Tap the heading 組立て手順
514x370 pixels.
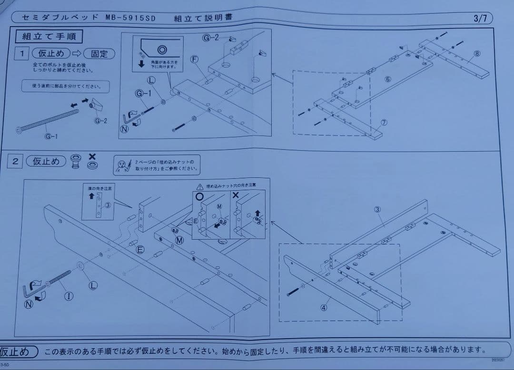click(49, 36)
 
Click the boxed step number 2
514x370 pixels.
click(15, 161)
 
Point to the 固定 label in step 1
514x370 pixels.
click(99, 54)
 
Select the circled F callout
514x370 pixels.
click(194, 59)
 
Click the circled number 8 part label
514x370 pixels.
click(477, 53)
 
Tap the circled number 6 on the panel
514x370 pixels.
click(388, 79)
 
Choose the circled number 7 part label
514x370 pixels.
click(384, 123)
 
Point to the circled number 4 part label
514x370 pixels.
click(324, 307)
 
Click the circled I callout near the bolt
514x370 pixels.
click(69, 296)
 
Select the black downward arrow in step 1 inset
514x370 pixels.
click(141, 64)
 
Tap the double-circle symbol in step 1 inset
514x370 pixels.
click(162, 49)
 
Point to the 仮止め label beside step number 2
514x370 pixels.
click(46, 161)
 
